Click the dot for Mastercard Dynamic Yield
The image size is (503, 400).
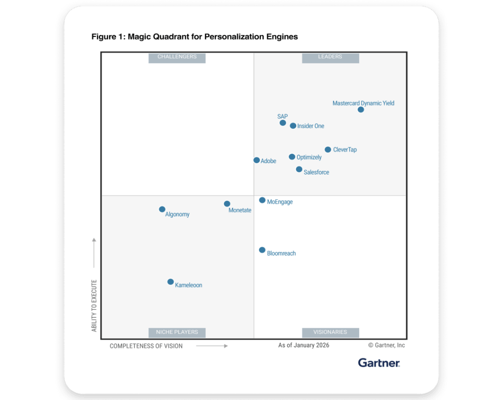point(361,110)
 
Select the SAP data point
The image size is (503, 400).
point(282,123)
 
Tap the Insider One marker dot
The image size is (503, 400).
point(293,126)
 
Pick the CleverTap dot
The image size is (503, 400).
point(328,149)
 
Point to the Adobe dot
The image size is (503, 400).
point(256,160)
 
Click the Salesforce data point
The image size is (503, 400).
point(299,169)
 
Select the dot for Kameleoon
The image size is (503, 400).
point(170,282)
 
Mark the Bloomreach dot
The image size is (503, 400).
point(262,250)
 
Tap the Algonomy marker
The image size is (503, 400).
point(162,209)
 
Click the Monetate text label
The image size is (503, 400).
point(240,210)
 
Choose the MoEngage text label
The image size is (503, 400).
point(279,202)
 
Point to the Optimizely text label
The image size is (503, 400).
point(309,157)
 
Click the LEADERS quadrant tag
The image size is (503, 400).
point(331,57)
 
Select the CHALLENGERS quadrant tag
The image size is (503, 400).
point(177,57)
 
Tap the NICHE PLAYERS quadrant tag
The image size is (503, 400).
point(177,332)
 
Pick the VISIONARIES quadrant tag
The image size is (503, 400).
point(331,332)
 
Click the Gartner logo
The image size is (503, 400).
point(379,363)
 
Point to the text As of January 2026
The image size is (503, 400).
point(304,345)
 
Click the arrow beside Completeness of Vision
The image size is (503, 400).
point(212,346)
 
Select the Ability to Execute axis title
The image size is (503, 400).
point(94,306)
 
